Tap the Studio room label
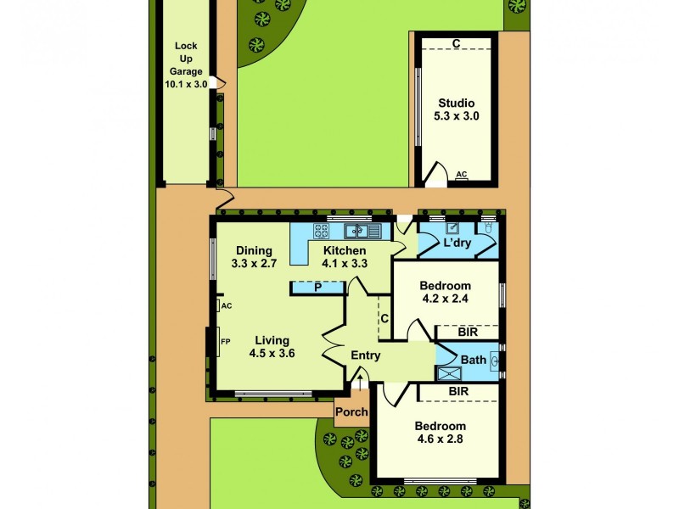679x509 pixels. tap(456, 103)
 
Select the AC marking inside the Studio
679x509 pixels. tap(462, 174)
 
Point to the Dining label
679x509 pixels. tap(254, 250)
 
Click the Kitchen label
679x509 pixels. tap(344, 250)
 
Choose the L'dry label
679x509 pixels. tap(457, 243)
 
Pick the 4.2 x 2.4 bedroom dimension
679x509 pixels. tap(446, 299)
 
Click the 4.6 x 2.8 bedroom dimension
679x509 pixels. tap(440, 439)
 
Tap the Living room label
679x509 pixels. tap(272, 341)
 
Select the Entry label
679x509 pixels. tap(365, 355)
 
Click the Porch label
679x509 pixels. tap(351, 412)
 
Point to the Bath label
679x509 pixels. tap(474, 360)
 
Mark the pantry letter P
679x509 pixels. tap(317, 288)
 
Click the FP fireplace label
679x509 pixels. tap(226, 342)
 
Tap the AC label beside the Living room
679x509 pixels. tap(227, 305)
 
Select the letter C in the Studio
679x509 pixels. tap(456, 43)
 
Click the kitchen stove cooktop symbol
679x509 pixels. tap(322, 230)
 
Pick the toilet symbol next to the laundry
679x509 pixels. tap(488, 227)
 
